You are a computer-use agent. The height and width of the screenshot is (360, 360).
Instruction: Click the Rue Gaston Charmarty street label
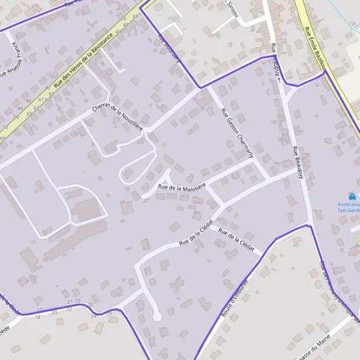238,133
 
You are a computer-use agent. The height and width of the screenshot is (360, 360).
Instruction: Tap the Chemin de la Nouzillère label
118,115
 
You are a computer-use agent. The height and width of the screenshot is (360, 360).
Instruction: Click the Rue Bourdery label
169,46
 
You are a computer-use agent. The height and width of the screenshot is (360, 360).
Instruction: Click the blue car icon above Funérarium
353,196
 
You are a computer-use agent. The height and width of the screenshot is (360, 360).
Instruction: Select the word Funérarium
348,205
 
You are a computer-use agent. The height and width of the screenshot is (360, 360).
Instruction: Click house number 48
20,109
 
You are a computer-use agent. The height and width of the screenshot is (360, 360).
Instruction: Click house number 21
70,301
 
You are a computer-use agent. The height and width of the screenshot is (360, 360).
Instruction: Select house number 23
77,300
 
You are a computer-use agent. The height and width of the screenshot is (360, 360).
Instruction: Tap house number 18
38,316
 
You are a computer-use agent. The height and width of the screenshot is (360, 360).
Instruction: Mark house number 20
55,313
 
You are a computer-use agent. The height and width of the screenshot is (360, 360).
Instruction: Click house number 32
134,16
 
